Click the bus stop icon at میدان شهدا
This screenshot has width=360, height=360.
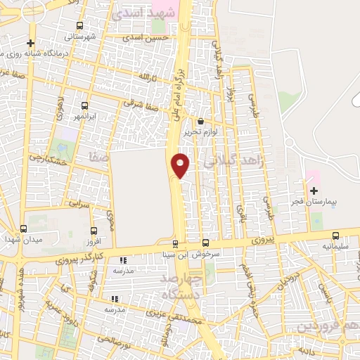click(23, 229)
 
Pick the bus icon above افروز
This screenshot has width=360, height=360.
click(93, 230)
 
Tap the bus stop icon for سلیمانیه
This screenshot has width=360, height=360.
click(335, 236)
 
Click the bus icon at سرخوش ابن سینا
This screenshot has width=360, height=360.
click(205, 243)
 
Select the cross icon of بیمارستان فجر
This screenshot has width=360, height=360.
click(314, 190)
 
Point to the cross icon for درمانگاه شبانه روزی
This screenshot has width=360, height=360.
click(31, 43)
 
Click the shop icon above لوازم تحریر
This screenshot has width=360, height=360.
click(200, 121)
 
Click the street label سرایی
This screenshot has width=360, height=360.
click(79, 202)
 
